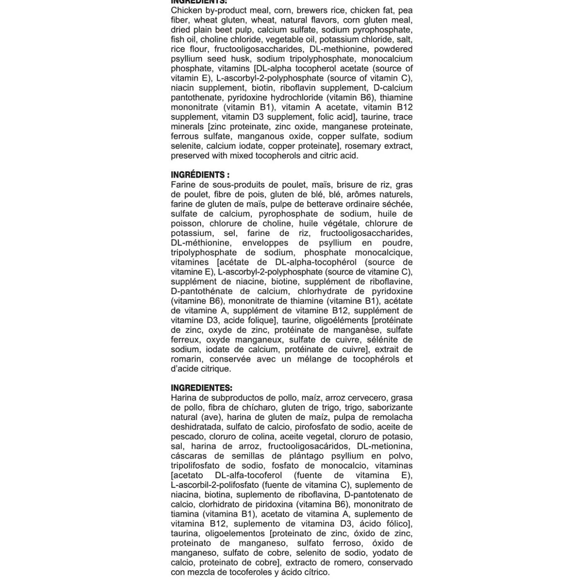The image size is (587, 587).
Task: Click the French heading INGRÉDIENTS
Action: (200, 175)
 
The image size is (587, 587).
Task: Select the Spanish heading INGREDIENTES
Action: (201, 388)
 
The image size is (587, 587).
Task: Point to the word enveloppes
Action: (265, 243)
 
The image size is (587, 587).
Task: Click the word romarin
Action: (186, 359)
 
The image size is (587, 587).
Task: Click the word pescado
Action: (187, 437)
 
